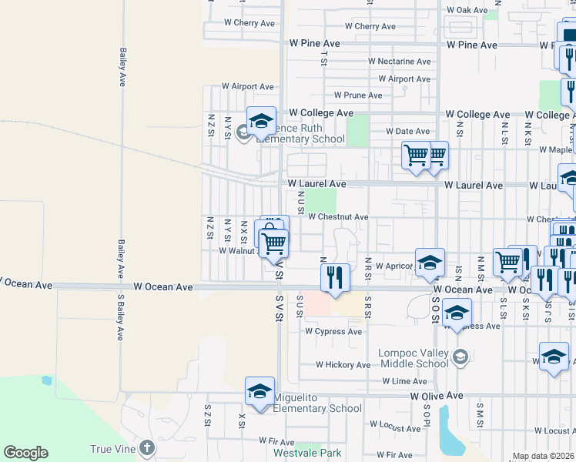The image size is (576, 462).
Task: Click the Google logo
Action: coord(25,453)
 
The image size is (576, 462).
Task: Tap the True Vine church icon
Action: coord(148,448)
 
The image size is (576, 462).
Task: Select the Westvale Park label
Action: coord(308,454)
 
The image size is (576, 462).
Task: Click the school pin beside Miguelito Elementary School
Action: coord(260,391)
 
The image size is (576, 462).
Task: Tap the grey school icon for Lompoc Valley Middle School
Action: coord(460,356)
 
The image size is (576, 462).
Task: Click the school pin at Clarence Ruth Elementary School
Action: coord(261,121)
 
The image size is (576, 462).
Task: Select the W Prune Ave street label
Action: coord(357,95)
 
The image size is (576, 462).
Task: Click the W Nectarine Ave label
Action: coord(399,61)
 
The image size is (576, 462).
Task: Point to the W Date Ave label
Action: coord(407,132)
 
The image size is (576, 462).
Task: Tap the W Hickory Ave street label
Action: coord(343,364)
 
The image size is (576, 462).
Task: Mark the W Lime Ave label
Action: coord(404,381)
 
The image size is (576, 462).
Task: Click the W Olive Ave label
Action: coord(437,395)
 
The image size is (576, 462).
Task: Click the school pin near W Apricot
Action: coord(430,262)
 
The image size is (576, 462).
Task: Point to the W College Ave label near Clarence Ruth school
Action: coord(320,113)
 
